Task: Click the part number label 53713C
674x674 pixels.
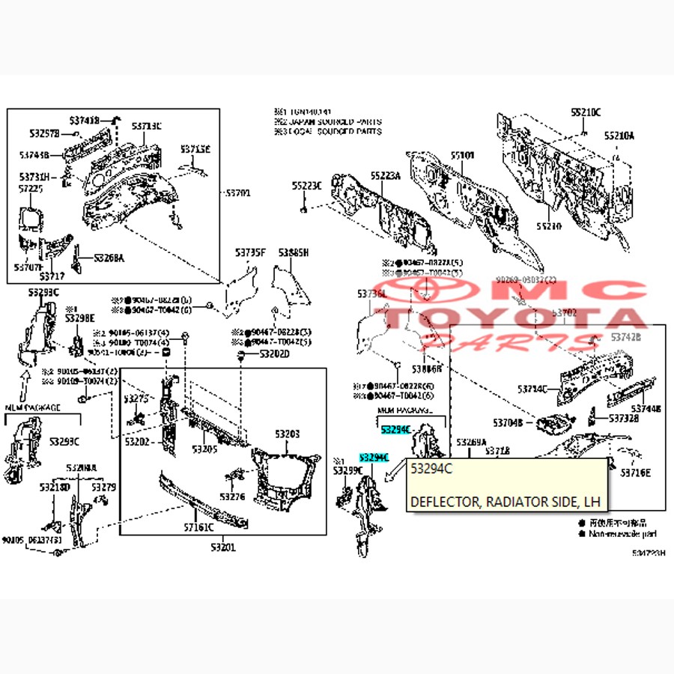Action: click(x=147, y=126)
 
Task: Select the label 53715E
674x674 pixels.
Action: click(x=195, y=149)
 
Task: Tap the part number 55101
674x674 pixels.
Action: click(x=462, y=155)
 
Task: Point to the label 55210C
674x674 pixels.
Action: click(x=586, y=112)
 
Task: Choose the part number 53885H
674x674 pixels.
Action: click(x=293, y=253)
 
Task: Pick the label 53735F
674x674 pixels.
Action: click(x=250, y=253)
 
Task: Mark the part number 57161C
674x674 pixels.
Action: click(x=198, y=527)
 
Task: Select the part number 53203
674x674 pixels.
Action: click(x=286, y=434)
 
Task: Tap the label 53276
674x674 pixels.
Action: click(x=232, y=497)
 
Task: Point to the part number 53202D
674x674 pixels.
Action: click(x=273, y=353)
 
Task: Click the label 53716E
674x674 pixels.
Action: click(x=635, y=473)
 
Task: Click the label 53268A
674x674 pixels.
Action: click(x=109, y=258)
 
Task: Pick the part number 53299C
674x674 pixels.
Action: click(x=348, y=470)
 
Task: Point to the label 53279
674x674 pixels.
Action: click(x=103, y=488)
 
